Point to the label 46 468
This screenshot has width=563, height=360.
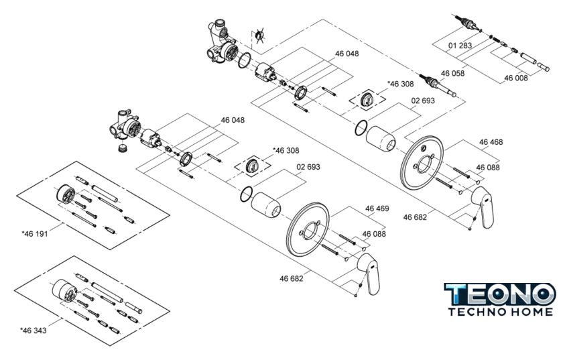click(491, 142)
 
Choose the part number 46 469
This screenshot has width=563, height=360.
click(377, 208)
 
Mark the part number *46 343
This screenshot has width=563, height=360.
click(34, 330)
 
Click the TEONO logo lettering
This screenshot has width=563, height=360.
click(500, 293)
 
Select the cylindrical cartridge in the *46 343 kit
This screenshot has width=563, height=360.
click(64, 290)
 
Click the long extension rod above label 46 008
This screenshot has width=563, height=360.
click(540, 65)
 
